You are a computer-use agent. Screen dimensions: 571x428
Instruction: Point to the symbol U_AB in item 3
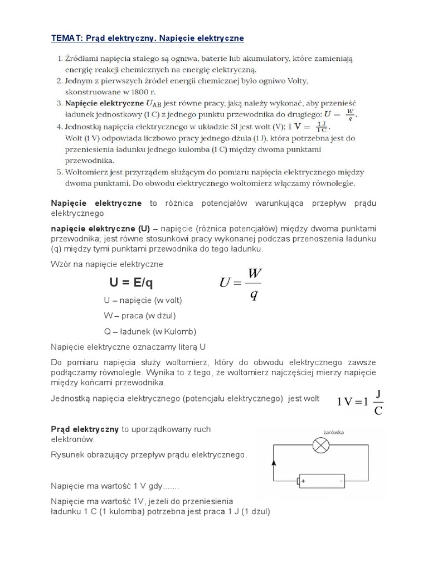click(x=154, y=104)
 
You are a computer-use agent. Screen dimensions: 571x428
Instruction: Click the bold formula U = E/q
click(x=131, y=283)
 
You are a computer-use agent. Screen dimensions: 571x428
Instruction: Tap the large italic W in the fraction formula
click(x=255, y=274)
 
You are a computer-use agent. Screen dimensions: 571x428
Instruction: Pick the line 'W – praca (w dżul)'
click(x=140, y=316)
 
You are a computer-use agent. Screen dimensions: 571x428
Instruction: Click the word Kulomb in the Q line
click(x=180, y=331)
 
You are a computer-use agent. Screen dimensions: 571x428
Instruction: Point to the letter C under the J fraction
click(x=378, y=412)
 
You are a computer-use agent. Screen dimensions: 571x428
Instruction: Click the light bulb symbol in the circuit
click(x=320, y=445)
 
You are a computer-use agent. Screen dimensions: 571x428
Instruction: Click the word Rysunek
click(x=68, y=455)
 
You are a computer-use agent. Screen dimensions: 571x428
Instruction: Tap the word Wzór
click(x=61, y=264)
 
